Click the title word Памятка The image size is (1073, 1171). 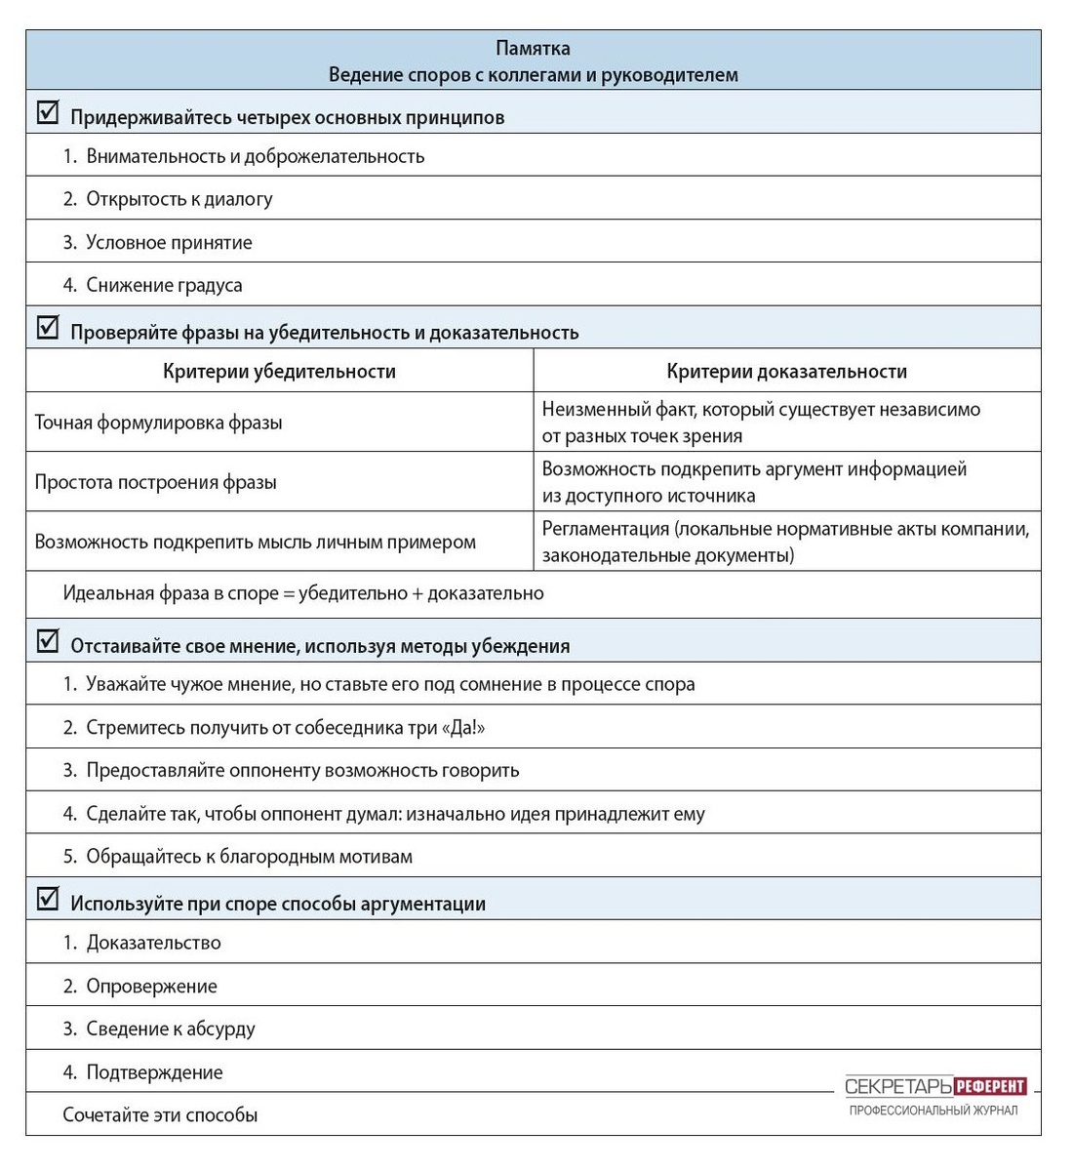pyautogui.click(x=533, y=48)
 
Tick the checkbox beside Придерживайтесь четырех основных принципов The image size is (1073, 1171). pyautogui.click(x=47, y=113)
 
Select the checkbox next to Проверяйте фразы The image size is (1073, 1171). pyautogui.click(x=47, y=328)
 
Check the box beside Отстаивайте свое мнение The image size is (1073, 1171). pyautogui.click(x=47, y=641)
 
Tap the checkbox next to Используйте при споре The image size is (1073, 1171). pyautogui.click(x=47, y=899)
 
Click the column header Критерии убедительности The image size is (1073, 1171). pyautogui.click(x=279, y=371)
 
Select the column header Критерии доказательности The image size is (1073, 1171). pyautogui.click(x=786, y=371)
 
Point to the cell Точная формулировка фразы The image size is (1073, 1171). pyautogui.click(x=159, y=423)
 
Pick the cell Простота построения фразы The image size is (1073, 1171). pyautogui.click(x=156, y=482)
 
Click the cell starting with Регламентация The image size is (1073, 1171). pyautogui.click(x=785, y=542)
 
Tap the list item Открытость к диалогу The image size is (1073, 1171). pyautogui.click(x=179, y=199)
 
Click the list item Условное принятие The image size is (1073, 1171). pyautogui.click(x=169, y=243)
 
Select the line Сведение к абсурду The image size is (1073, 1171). pyautogui.click(x=171, y=1029)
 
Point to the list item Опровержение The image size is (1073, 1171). pyautogui.click(x=151, y=986)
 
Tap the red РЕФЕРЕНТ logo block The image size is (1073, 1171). pyautogui.click(x=990, y=1086)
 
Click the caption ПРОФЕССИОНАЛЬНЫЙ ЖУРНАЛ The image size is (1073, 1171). pyautogui.click(x=934, y=1110)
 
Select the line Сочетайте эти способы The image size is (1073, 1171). pyautogui.click(x=160, y=1114)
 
